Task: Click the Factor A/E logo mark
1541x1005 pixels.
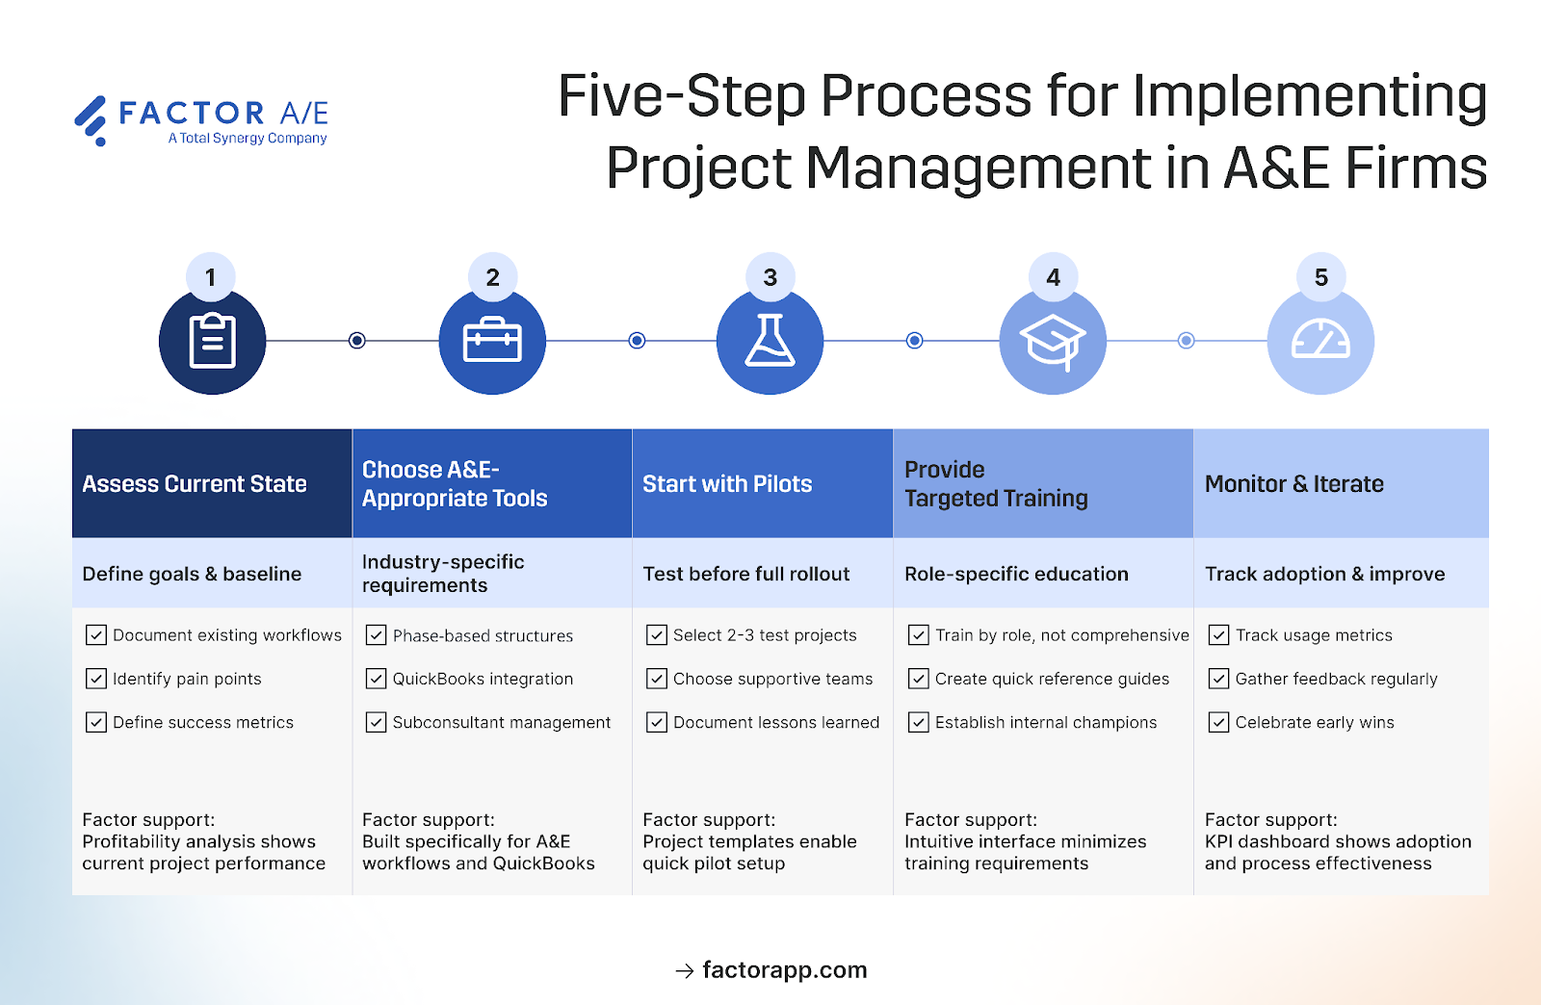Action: click(91, 120)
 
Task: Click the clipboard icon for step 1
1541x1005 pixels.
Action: click(212, 341)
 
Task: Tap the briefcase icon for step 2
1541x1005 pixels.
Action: click(492, 341)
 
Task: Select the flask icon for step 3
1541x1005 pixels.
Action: click(770, 341)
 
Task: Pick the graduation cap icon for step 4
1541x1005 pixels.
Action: click(1052, 342)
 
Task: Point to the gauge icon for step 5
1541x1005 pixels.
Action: click(1320, 341)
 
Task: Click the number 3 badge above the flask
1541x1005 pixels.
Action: click(770, 277)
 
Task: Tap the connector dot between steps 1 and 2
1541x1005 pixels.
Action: click(357, 341)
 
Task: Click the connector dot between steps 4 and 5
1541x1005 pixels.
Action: click(1187, 341)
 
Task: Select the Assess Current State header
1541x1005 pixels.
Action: click(195, 484)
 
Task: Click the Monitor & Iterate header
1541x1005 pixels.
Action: click(1293, 484)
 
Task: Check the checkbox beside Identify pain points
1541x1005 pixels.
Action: click(96, 679)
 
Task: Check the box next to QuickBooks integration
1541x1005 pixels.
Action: click(376, 679)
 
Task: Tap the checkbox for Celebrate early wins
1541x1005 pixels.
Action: click(1218, 722)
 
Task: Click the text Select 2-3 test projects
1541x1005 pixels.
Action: click(764, 635)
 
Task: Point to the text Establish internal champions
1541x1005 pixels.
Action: click(1045, 722)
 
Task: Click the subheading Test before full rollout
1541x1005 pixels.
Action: click(745, 574)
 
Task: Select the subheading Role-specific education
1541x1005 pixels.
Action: click(1016, 574)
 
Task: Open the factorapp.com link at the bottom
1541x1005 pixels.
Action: click(784, 970)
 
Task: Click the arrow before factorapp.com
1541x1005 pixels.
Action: click(684, 971)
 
